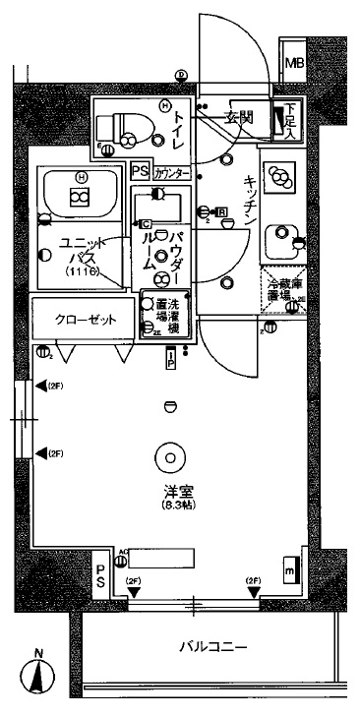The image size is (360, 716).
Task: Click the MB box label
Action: [294, 65]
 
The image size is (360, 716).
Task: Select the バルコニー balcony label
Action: [212, 647]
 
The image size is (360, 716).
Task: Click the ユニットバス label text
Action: [76, 250]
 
